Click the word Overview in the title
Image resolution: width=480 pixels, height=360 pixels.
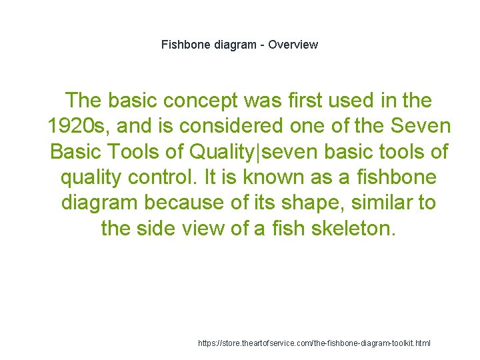[x=294, y=45]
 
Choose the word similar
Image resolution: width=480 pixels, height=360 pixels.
[x=375, y=203]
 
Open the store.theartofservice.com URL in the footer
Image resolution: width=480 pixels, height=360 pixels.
[x=315, y=343]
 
